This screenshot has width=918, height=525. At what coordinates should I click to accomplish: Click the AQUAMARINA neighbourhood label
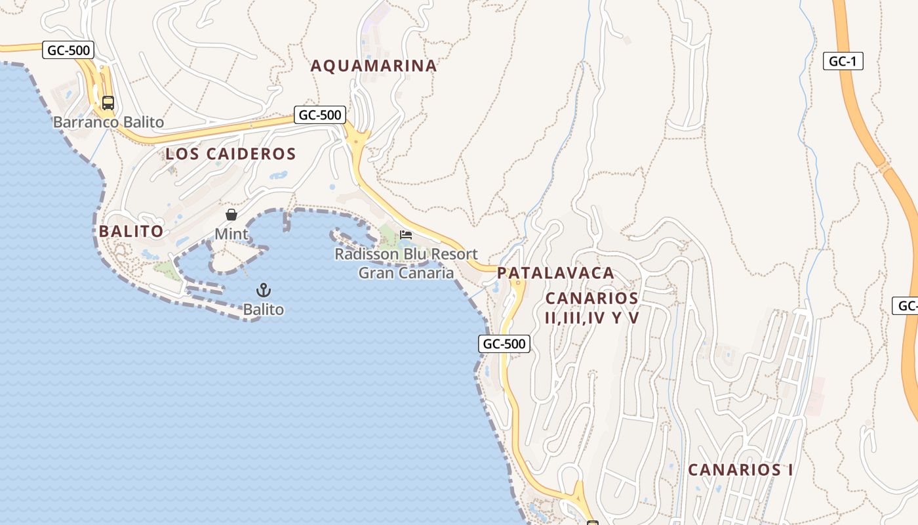tap(373, 66)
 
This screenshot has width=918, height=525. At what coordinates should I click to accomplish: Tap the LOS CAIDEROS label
tap(231, 154)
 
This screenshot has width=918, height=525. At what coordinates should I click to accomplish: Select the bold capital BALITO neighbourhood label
tap(131, 231)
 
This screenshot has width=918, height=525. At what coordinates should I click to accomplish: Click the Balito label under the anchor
tap(264, 309)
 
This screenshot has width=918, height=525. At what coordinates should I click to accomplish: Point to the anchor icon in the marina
tap(264, 289)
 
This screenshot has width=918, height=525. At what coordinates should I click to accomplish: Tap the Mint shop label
tap(231, 234)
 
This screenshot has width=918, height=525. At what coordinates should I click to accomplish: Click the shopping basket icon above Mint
tap(231, 215)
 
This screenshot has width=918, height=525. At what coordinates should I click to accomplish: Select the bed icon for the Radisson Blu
tap(406, 235)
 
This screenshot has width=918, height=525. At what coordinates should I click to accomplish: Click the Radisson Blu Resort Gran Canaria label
tap(406, 263)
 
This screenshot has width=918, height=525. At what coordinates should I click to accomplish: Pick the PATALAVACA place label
tap(555, 272)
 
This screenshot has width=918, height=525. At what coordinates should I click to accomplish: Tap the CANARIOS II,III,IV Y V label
tap(592, 308)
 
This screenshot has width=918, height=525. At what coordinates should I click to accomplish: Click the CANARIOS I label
tap(740, 470)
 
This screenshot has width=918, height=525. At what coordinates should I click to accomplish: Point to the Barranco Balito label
tap(108, 122)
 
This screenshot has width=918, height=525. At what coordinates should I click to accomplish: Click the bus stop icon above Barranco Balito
tap(108, 103)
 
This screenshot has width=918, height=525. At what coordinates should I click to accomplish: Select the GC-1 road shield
tap(843, 62)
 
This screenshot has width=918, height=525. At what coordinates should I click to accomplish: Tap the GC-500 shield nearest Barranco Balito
tap(68, 50)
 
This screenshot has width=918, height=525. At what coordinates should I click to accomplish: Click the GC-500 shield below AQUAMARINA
tap(319, 115)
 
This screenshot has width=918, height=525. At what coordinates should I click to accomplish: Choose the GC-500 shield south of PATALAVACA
tap(504, 343)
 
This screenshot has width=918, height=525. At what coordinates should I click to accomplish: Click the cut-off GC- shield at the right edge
tap(906, 305)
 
